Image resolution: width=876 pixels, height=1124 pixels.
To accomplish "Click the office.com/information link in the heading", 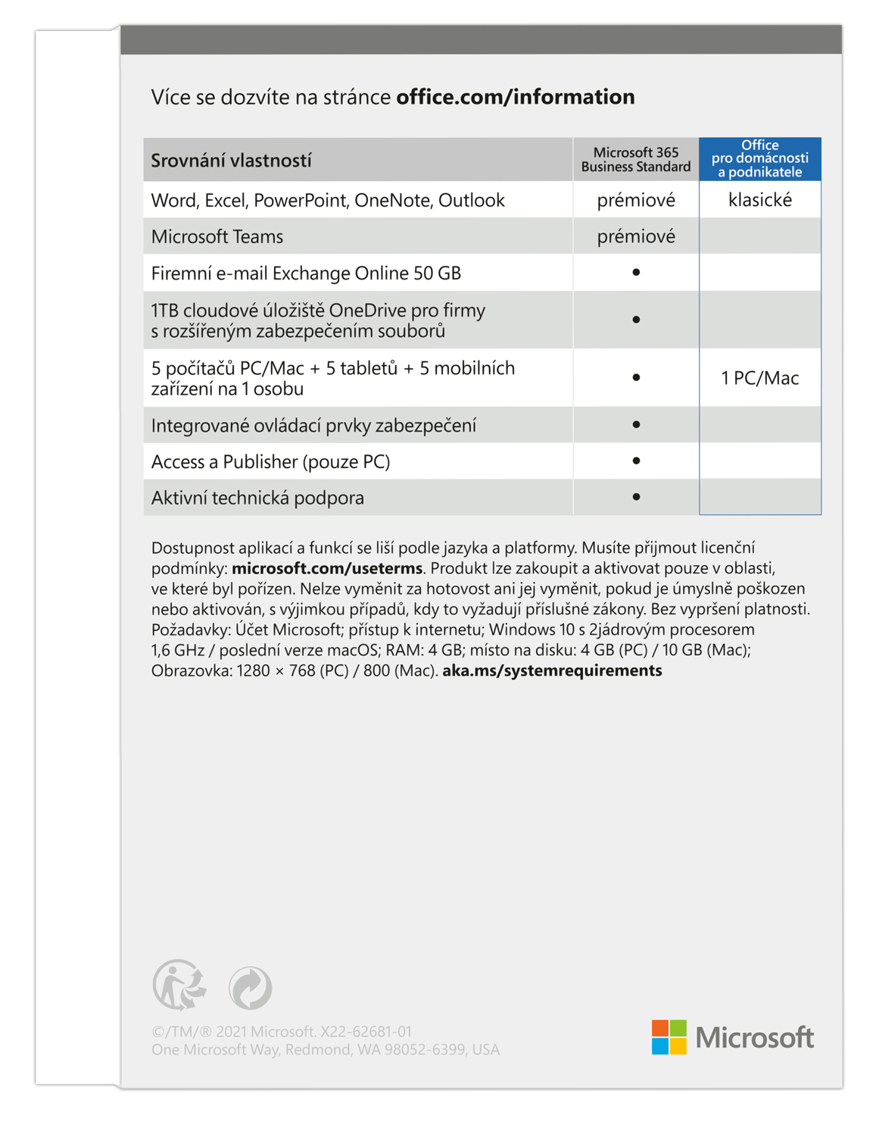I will [x=515, y=97].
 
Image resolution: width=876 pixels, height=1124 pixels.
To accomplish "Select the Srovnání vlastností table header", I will [x=231, y=161].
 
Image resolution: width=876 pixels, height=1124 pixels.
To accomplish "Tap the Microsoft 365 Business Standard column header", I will [x=635, y=160].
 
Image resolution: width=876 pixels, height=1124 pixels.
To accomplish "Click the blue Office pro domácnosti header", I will [x=759, y=158].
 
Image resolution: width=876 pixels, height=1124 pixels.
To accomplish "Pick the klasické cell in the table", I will [x=759, y=200].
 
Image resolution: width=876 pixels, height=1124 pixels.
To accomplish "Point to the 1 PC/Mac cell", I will [x=759, y=378].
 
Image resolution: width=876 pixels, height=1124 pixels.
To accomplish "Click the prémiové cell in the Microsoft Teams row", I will [x=635, y=236].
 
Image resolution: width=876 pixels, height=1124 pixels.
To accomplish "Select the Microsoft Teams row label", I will [x=217, y=236].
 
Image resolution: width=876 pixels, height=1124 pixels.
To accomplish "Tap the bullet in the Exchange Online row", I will [x=636, y=272].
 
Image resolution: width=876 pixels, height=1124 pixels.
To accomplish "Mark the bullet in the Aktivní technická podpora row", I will [x=636, y=497].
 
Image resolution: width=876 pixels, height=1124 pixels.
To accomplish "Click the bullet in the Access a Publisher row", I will [x=636, y=461].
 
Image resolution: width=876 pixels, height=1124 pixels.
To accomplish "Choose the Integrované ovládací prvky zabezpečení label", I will [x=313, y=426].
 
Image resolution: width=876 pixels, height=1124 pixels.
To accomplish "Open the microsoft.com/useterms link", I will [x=327, y=568].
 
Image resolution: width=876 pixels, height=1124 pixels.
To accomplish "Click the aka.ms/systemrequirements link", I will [x=552, y=670].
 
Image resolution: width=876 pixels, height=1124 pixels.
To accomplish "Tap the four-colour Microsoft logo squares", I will [x=669, y=1037].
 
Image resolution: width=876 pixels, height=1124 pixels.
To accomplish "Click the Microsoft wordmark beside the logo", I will [x=754, y=1038].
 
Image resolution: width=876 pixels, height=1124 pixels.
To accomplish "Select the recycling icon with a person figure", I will [x=179, y=985].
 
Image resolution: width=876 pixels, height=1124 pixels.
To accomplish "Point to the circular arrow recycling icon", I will [x=251, y=988].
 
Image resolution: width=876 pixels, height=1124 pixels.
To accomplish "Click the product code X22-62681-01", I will [x=366, y=1032].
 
